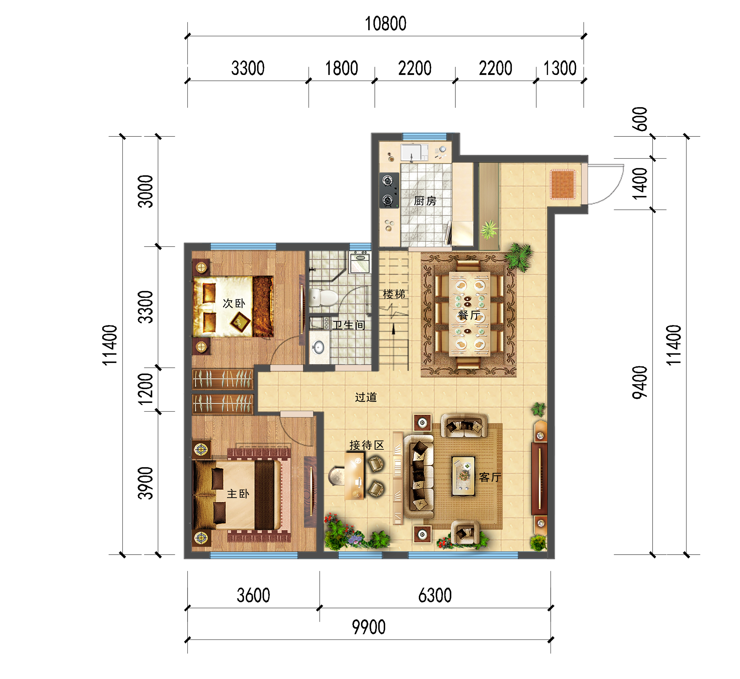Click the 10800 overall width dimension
coord(385,24)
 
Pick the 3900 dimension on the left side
coord(145,483)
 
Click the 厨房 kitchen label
coord(425,201)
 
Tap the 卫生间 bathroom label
coord(349,325)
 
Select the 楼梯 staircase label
coord(394,294)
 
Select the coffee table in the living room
coord(463,476)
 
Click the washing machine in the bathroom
coord(360,262)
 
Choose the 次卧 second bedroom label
coord(234,304)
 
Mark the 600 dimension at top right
coord(640,119)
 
